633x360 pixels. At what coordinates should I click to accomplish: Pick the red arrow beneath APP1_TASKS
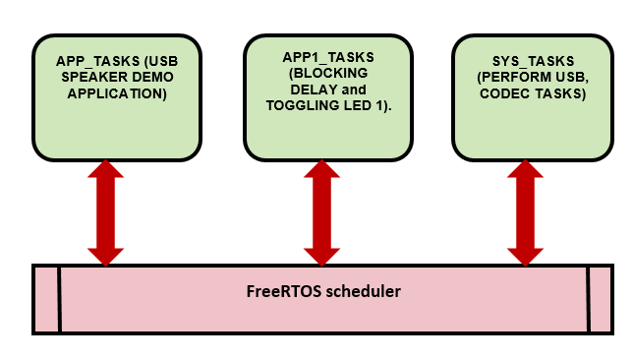coord(322,211)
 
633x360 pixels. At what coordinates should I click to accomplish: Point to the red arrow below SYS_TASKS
coord(526,211)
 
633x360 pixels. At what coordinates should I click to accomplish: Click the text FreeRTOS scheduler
coord(322,292)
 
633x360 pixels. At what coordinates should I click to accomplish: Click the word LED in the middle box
coord(358,105)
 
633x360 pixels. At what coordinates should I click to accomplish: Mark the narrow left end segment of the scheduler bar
coord(46,299)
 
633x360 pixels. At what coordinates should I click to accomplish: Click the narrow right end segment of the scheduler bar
coord(601,299)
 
